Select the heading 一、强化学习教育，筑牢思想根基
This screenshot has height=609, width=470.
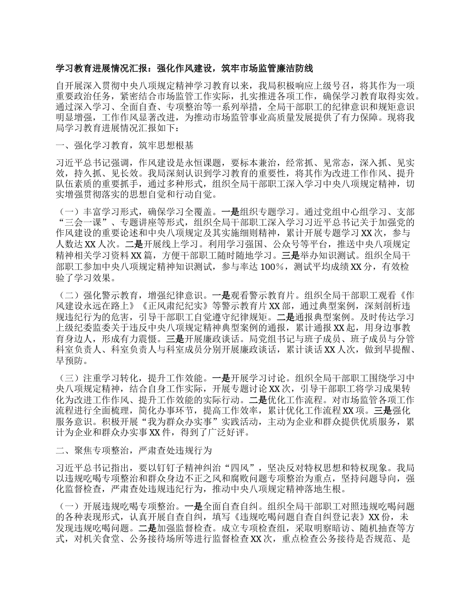point(125,146)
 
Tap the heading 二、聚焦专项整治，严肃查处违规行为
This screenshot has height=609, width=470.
point(135,450)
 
